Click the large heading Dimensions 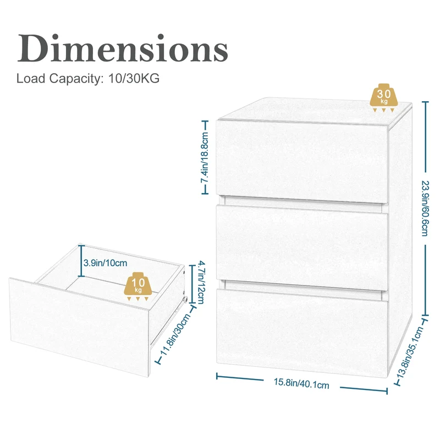point(123,48)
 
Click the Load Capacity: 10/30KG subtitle point(88,78)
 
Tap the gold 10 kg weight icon point(138,287)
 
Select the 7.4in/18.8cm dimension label point(205,157)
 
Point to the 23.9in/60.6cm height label point(425,208)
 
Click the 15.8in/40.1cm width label point(301,383)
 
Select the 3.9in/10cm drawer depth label point(105,263)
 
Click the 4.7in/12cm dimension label point(201,282)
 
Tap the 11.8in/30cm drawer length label point(175,334)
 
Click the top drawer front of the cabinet point(302,161)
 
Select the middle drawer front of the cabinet point(302,248)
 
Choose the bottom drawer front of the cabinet point(302,333)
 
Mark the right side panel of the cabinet point(400,239)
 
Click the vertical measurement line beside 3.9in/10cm point(81,261)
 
